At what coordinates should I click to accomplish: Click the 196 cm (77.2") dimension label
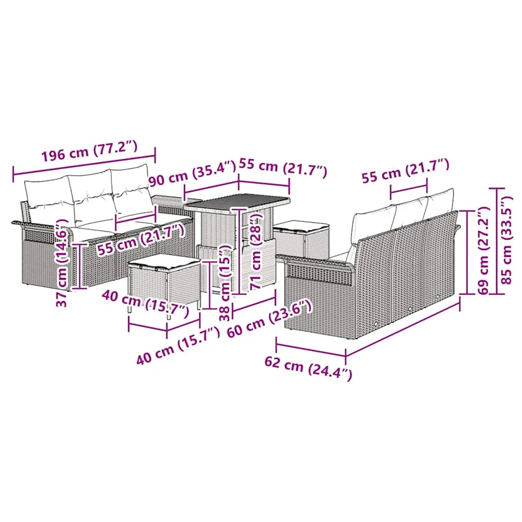[x=89, y=151]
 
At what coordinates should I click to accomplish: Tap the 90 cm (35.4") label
[x=193, y=173]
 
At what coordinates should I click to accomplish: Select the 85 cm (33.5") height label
[x=508, y=240]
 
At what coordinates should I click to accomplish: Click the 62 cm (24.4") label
[x=309, y=368]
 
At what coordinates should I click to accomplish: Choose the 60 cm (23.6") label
[x=269, y=318]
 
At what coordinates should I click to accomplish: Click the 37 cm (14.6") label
[x=63, y=263]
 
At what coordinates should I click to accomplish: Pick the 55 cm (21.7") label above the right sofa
[x=406, y=171]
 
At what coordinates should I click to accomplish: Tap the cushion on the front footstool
[x=165, y=261]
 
